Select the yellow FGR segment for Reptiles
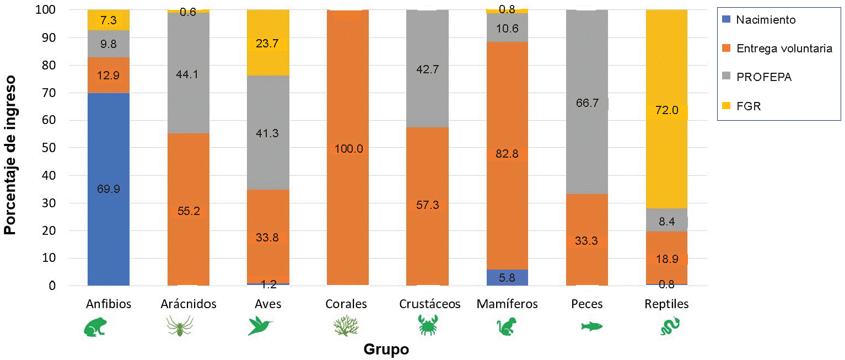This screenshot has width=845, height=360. [x=667, y=83]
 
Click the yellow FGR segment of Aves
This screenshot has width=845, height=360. [x=268, y=61]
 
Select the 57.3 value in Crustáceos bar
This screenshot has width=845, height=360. [x=428, y=205]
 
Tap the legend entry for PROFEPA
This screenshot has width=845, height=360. [x=764, y=78]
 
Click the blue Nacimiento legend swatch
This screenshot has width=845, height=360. [x=726, y=20]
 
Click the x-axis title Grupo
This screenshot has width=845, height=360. [x=386, y=350]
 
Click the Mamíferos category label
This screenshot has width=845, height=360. [x=508, y=304]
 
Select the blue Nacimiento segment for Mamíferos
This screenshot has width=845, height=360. [x=507, y=278]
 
